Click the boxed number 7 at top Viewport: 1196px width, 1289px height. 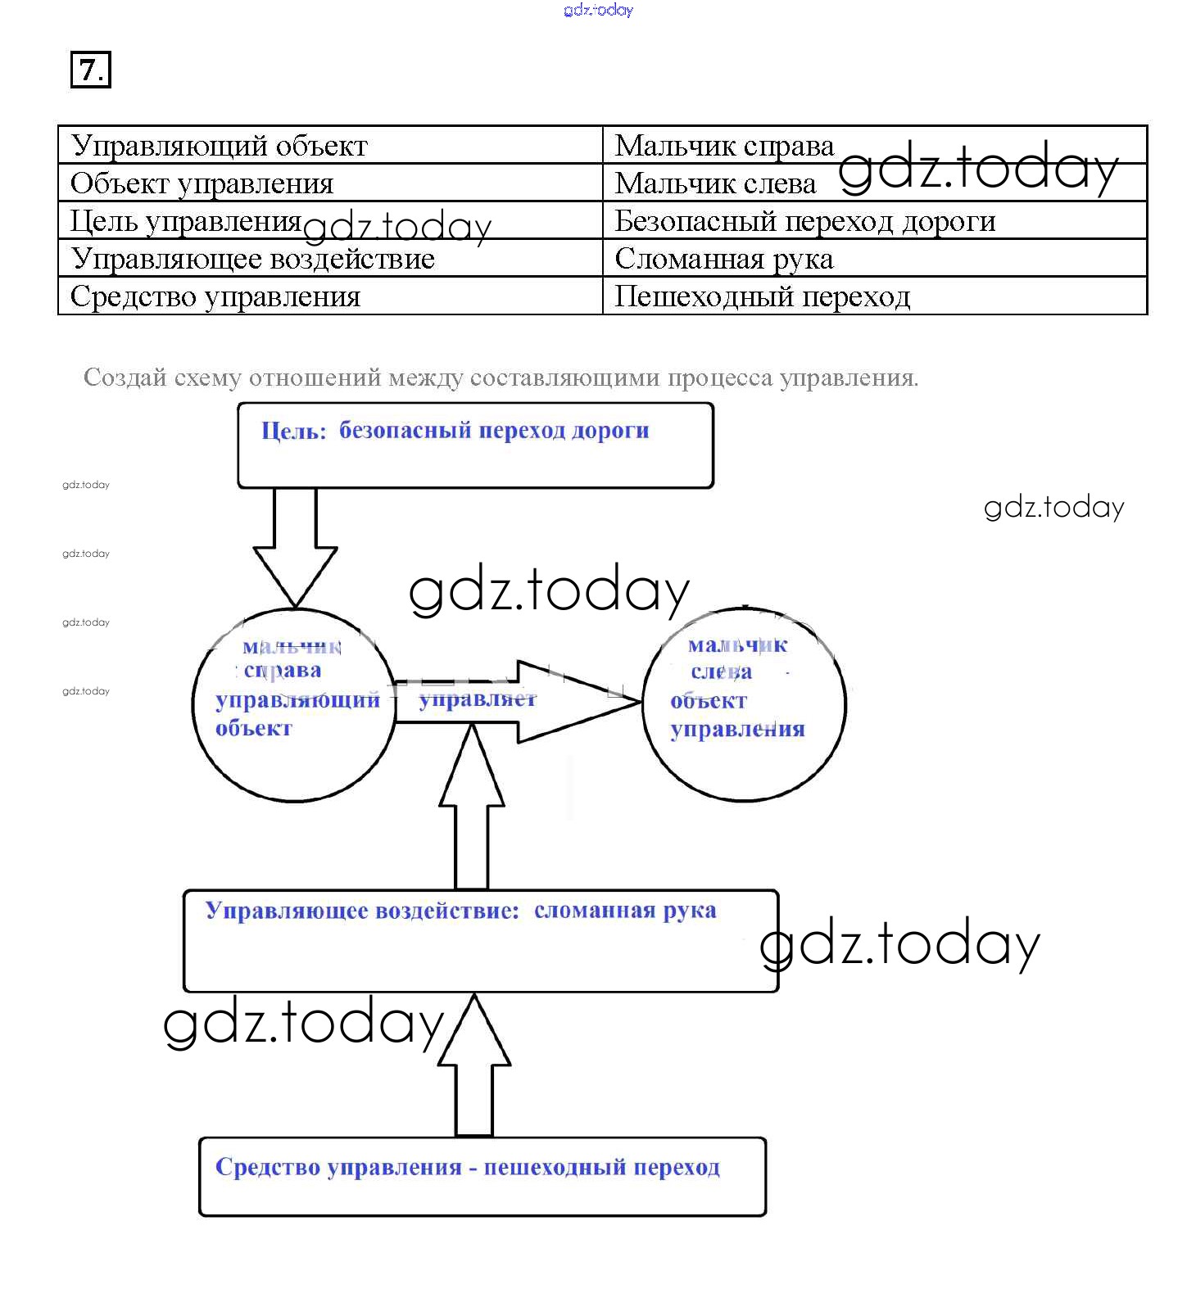[x=90, y=70]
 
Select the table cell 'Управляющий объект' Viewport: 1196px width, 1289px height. [x=220, y=146]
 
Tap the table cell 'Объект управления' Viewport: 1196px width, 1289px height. [x=202, y=183]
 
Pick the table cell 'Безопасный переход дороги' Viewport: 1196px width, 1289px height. [x=804, y=221]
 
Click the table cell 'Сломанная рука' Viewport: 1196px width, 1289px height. [x=724, y=259]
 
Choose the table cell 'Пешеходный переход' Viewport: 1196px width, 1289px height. [x=762, y=296]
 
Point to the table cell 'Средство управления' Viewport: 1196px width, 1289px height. [x=215, y=296]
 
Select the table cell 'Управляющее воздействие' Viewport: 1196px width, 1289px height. [x=252, y=259]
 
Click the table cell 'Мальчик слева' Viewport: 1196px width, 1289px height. [x=715, y=183]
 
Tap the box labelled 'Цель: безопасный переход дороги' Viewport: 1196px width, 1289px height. [x=475, y=446]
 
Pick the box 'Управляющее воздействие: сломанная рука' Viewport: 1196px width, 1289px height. [x=480, y=941]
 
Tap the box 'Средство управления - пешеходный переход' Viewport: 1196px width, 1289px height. [x=482, y=1176]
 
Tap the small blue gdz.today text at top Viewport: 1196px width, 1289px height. [x=598, y=10]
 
